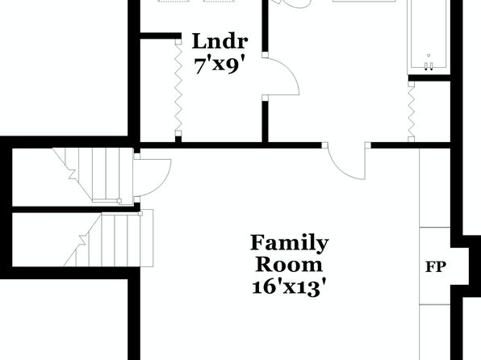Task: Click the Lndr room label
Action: (220, 41)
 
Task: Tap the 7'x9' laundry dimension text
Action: (220, 65)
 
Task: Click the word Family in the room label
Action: (290, 244)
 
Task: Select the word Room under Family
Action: (289, 265)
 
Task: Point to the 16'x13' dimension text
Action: (289, 287)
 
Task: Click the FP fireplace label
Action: (436, 267)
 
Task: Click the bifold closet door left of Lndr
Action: (178, 88)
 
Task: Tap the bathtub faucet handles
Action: (429, 65)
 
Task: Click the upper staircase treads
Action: (98, 175)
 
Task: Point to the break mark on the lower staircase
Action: (83, 240)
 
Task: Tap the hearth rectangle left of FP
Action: (435, 266)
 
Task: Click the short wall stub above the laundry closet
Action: (161, 36)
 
